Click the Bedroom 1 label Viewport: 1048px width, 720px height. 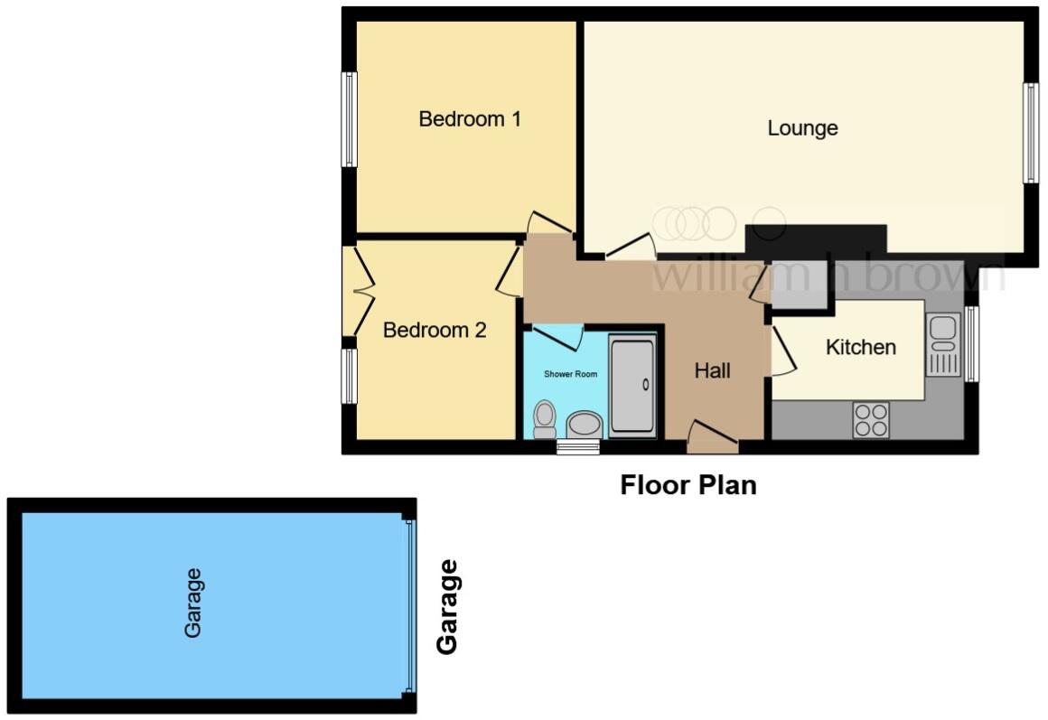pos(470,119)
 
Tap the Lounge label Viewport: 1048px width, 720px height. pos(802,128)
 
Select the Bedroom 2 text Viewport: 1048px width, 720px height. pos(435,331)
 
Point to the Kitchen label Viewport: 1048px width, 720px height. pos(861,347)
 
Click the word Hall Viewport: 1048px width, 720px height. pos(712,370)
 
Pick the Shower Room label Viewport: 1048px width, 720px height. pos(565,374)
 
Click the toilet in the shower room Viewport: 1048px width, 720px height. pos(545,418)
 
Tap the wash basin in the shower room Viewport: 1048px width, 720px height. pos(585,424)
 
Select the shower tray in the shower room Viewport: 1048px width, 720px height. pos(632,386)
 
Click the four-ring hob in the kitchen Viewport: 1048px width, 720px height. pos(871,420)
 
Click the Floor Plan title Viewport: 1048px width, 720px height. pos(688,486)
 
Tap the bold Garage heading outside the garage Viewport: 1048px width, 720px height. pos(447,606)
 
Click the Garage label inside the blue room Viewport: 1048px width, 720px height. pos(192,603)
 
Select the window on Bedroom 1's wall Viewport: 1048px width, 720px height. pos(349,119)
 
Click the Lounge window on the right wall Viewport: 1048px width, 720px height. pos(1030,133)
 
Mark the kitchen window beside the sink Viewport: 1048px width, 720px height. pos(971,344)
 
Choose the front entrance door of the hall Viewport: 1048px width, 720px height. pos(712,439)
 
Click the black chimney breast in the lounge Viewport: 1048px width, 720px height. pos(815,238)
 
